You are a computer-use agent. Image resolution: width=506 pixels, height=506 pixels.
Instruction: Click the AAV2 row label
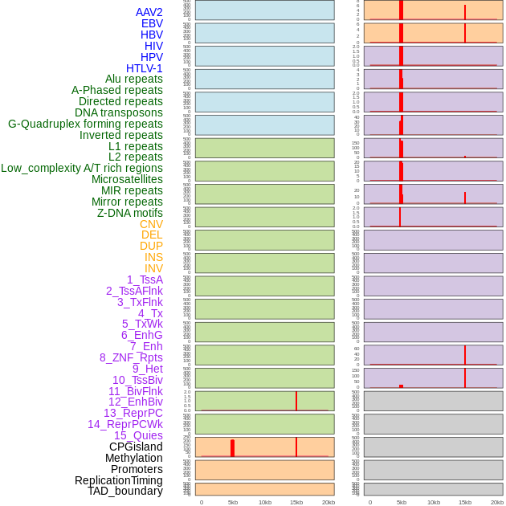pos(149,12)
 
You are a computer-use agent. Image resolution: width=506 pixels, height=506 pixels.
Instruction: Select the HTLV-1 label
pos(144,68)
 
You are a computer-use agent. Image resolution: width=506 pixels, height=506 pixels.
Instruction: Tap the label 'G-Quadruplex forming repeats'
pos(85,124)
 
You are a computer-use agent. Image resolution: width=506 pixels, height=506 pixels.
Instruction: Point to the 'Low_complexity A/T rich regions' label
pos(82,168)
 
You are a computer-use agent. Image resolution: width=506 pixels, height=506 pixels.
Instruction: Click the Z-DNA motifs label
pos(130,213)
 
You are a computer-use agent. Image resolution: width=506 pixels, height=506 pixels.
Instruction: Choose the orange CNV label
pos(151,224)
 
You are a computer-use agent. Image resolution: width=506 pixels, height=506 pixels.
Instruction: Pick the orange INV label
pos(153,268)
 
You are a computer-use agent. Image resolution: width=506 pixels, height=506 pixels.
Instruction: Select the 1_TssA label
pos(145,280)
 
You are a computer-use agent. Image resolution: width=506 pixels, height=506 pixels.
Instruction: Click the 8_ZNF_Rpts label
pos(131,357)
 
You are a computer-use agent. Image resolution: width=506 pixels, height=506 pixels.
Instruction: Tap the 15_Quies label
pos(138,435)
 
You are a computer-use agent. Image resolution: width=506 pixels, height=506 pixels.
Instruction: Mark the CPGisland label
pos(136,447)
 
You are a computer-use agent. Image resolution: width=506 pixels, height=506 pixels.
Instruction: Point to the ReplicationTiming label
pos(119,480)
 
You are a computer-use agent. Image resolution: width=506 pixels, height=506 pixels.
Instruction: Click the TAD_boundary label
pos(125,491)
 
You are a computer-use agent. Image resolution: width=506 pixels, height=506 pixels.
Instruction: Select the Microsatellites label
pos(127,179)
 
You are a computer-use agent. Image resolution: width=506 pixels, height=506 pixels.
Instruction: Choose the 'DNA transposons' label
pos(119,112)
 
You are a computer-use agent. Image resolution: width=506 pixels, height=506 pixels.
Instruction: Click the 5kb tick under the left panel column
pos(233,502)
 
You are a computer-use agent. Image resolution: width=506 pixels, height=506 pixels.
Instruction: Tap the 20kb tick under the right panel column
pos(497,502)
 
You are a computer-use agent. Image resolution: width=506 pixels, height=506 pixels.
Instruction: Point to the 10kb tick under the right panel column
pos(434,502)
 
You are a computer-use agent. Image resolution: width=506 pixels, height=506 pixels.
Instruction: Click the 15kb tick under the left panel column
pos(296,502)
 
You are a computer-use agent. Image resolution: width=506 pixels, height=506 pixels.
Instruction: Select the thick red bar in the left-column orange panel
pos(232,448)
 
